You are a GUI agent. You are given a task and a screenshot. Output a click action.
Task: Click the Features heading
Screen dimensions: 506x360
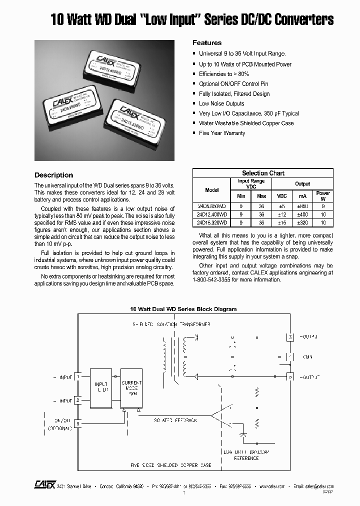[207, 43]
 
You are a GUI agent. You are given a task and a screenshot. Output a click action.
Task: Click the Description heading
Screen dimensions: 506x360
[53, 175]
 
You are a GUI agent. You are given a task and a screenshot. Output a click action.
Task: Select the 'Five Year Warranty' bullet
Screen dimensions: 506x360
[222, 133]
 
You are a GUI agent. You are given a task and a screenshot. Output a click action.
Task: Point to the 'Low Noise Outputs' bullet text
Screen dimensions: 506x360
[221, 103]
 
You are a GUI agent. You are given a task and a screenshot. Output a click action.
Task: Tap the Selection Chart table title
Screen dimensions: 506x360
[263, 173]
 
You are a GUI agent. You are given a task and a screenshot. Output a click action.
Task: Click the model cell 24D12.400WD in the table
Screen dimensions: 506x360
[211, 214]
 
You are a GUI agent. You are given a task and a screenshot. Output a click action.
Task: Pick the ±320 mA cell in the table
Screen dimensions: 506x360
[302, 222]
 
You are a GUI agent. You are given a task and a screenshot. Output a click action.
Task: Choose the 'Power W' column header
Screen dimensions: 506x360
[323, 195]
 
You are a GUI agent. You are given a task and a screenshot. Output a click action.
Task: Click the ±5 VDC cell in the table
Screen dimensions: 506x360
[282, 205]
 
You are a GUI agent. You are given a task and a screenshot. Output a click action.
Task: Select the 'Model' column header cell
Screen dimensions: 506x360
[211, 190]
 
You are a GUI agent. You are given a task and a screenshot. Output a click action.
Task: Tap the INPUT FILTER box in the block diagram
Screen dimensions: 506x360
[101, 387]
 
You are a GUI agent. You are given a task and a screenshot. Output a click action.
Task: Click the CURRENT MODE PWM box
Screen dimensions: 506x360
[131, 388]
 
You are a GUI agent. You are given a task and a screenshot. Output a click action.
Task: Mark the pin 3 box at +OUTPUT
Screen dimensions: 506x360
[290, 337]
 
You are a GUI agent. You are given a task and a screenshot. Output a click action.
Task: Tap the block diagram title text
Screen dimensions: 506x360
[183, 309]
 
